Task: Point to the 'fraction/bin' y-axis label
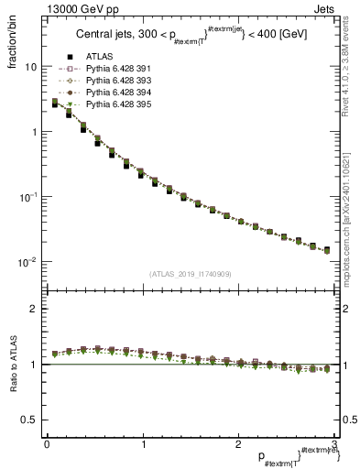pos(12,40)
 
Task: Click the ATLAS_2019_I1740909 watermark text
pos(191,274)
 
